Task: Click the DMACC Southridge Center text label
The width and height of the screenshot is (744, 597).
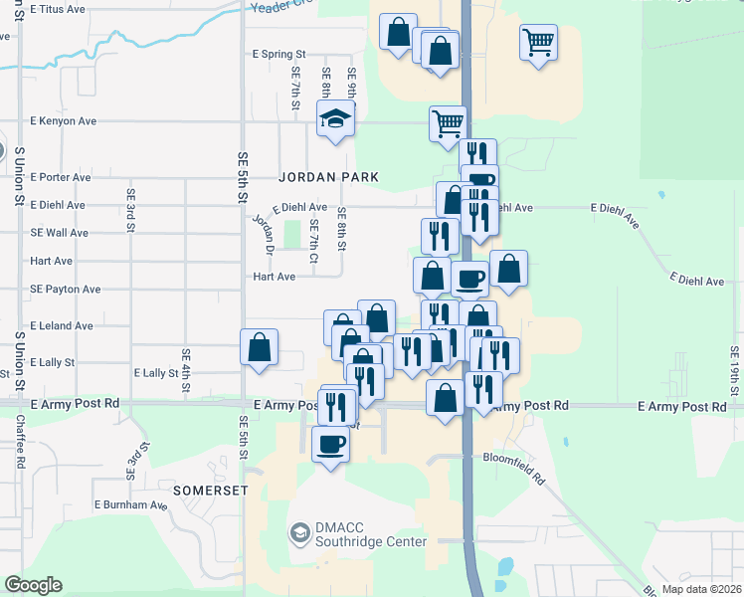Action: coord(370,535)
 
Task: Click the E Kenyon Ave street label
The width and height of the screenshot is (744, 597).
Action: coord(63,121)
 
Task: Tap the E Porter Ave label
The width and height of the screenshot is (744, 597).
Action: coord(61,177)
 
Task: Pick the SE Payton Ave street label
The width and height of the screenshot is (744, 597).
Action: coord(65,290)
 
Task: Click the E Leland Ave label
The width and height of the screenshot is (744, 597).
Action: coord(61,325)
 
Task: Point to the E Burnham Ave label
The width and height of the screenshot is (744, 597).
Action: coord(130,504)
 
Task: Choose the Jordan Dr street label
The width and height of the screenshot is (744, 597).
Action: coord(262,233)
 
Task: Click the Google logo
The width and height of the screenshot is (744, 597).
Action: coord(33,585)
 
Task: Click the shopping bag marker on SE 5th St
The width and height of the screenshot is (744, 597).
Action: coord(259,348)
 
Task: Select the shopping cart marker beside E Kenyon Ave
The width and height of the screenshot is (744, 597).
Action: coord(448,123)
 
